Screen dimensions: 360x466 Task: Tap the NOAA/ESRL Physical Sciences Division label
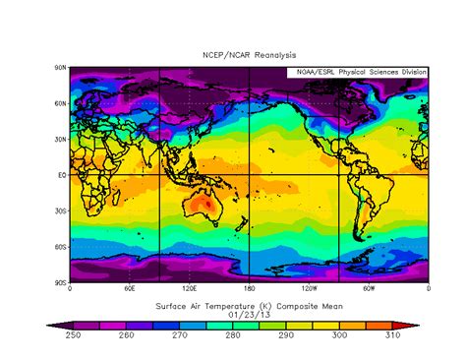(x=358, y=73)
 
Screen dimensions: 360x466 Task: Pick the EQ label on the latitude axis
(x=61, y=175)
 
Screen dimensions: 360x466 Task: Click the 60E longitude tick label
(x=130, y=289)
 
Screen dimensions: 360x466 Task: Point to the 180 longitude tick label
(x=249, y=289)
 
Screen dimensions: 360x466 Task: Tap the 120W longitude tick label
(x=309, y=289)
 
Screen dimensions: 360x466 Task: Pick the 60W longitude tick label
(x=369, y=289)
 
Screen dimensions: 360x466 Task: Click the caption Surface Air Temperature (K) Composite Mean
(x=248, y=306)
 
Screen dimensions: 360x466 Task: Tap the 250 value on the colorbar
(x=66, y=336)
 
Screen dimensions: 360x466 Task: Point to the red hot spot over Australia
(x=207, y=205)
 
